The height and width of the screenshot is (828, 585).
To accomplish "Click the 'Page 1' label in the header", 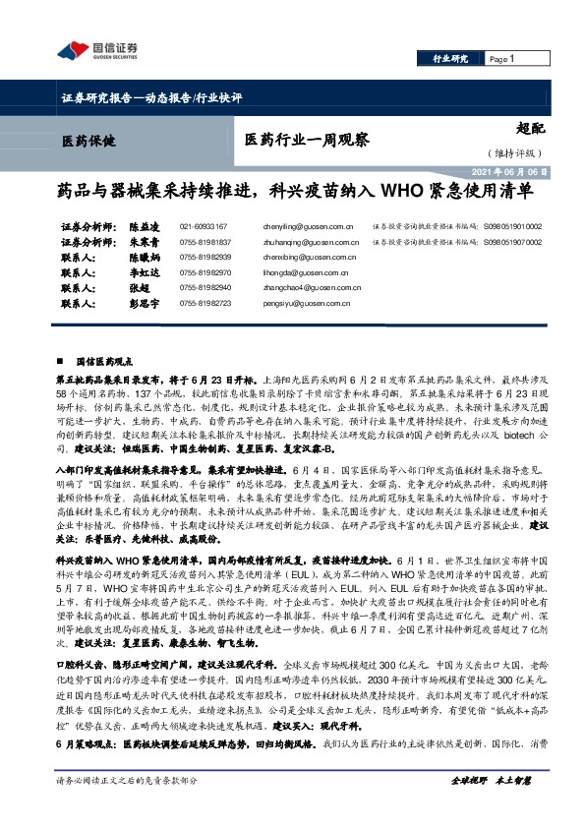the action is [x=503, y=59].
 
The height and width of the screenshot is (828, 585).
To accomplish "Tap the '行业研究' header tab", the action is [x=450, y=59].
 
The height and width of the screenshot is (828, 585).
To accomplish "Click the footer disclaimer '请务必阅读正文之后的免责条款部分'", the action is [x=127, y=806].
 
